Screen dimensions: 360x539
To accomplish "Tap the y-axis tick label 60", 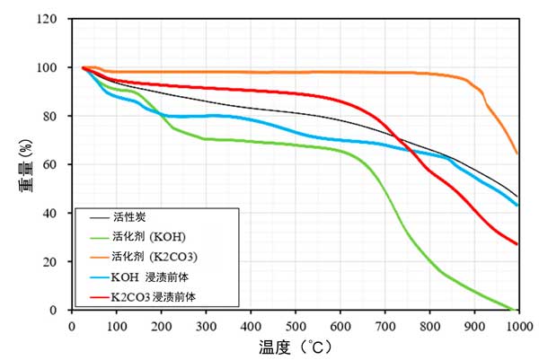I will point(53,164).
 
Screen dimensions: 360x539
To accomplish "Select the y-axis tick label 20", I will point(53,261).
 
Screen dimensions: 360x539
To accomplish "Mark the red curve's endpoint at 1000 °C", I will point(517,244).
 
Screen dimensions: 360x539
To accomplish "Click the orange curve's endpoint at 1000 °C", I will point(517,154).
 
